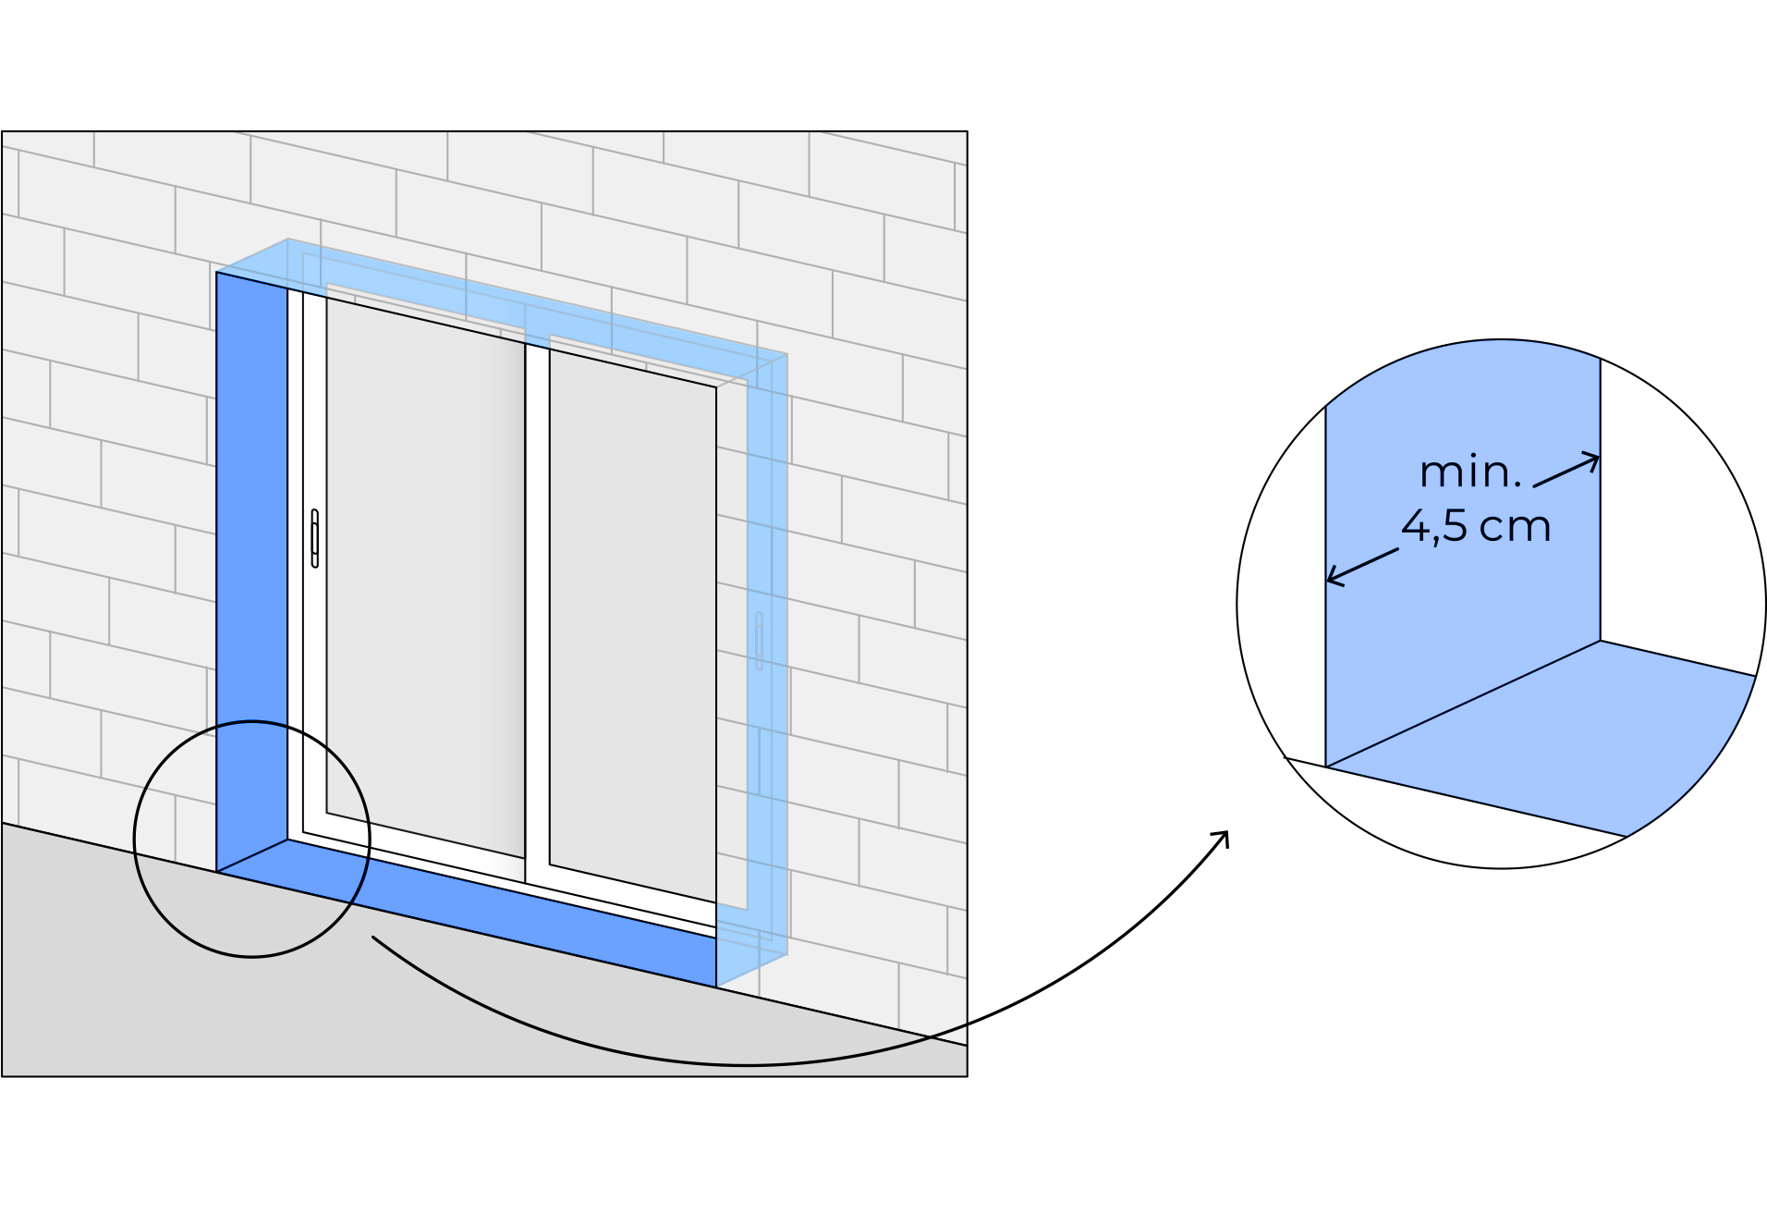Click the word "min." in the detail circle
click(1469, 472)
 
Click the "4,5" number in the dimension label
click(1434, 526)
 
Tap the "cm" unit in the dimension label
click(1515, 527)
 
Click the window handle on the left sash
click(315, 538)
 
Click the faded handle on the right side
click(759, 640)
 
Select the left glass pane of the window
click(425, 582)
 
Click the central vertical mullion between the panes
click(537, 610)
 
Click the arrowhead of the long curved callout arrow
click(1225, 835)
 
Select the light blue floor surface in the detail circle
click(1571, 740)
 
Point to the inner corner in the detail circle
click(1601, 641)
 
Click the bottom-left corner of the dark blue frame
click(218, 870)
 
